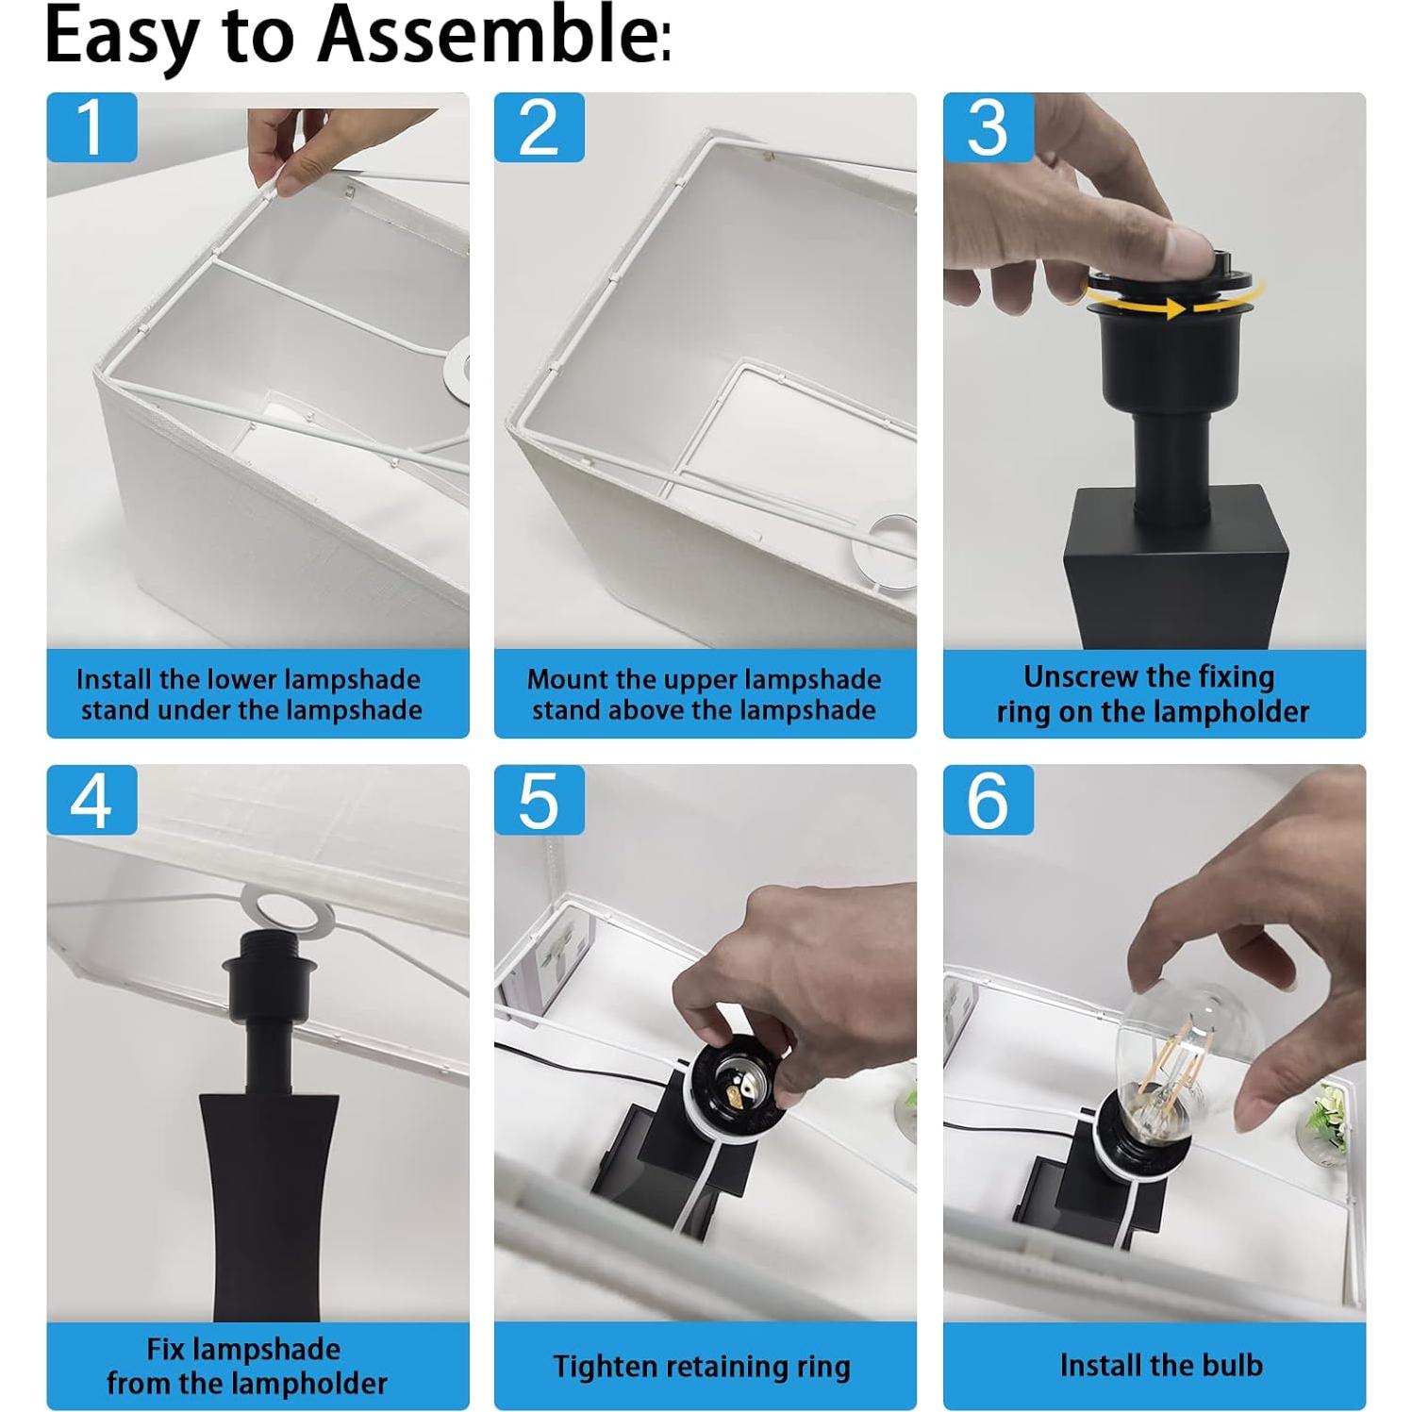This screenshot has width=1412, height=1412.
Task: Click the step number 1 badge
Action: point(91,127)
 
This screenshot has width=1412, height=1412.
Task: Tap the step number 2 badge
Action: point(540,127)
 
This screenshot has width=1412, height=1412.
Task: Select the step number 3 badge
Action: point(988,127)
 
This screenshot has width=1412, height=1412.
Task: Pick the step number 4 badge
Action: point(91,801)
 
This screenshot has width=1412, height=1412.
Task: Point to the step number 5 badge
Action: point(540,801)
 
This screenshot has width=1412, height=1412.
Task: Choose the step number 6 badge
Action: point(988,801)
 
